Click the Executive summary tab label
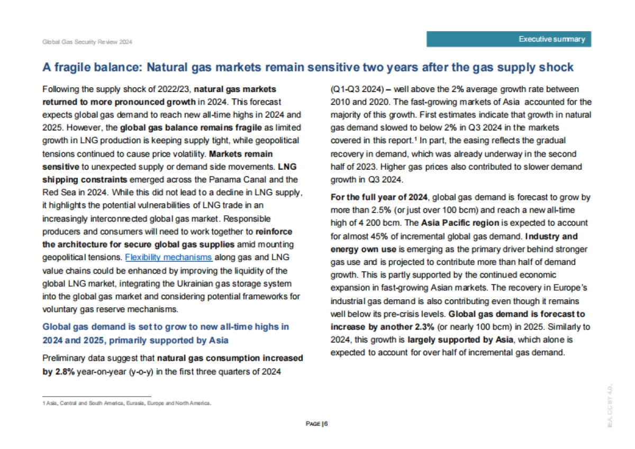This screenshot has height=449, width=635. click(x=551, y=39)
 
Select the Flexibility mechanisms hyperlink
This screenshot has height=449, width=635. click(x=168, y=258)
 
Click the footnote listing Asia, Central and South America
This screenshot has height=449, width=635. click(x=126, y=404)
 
